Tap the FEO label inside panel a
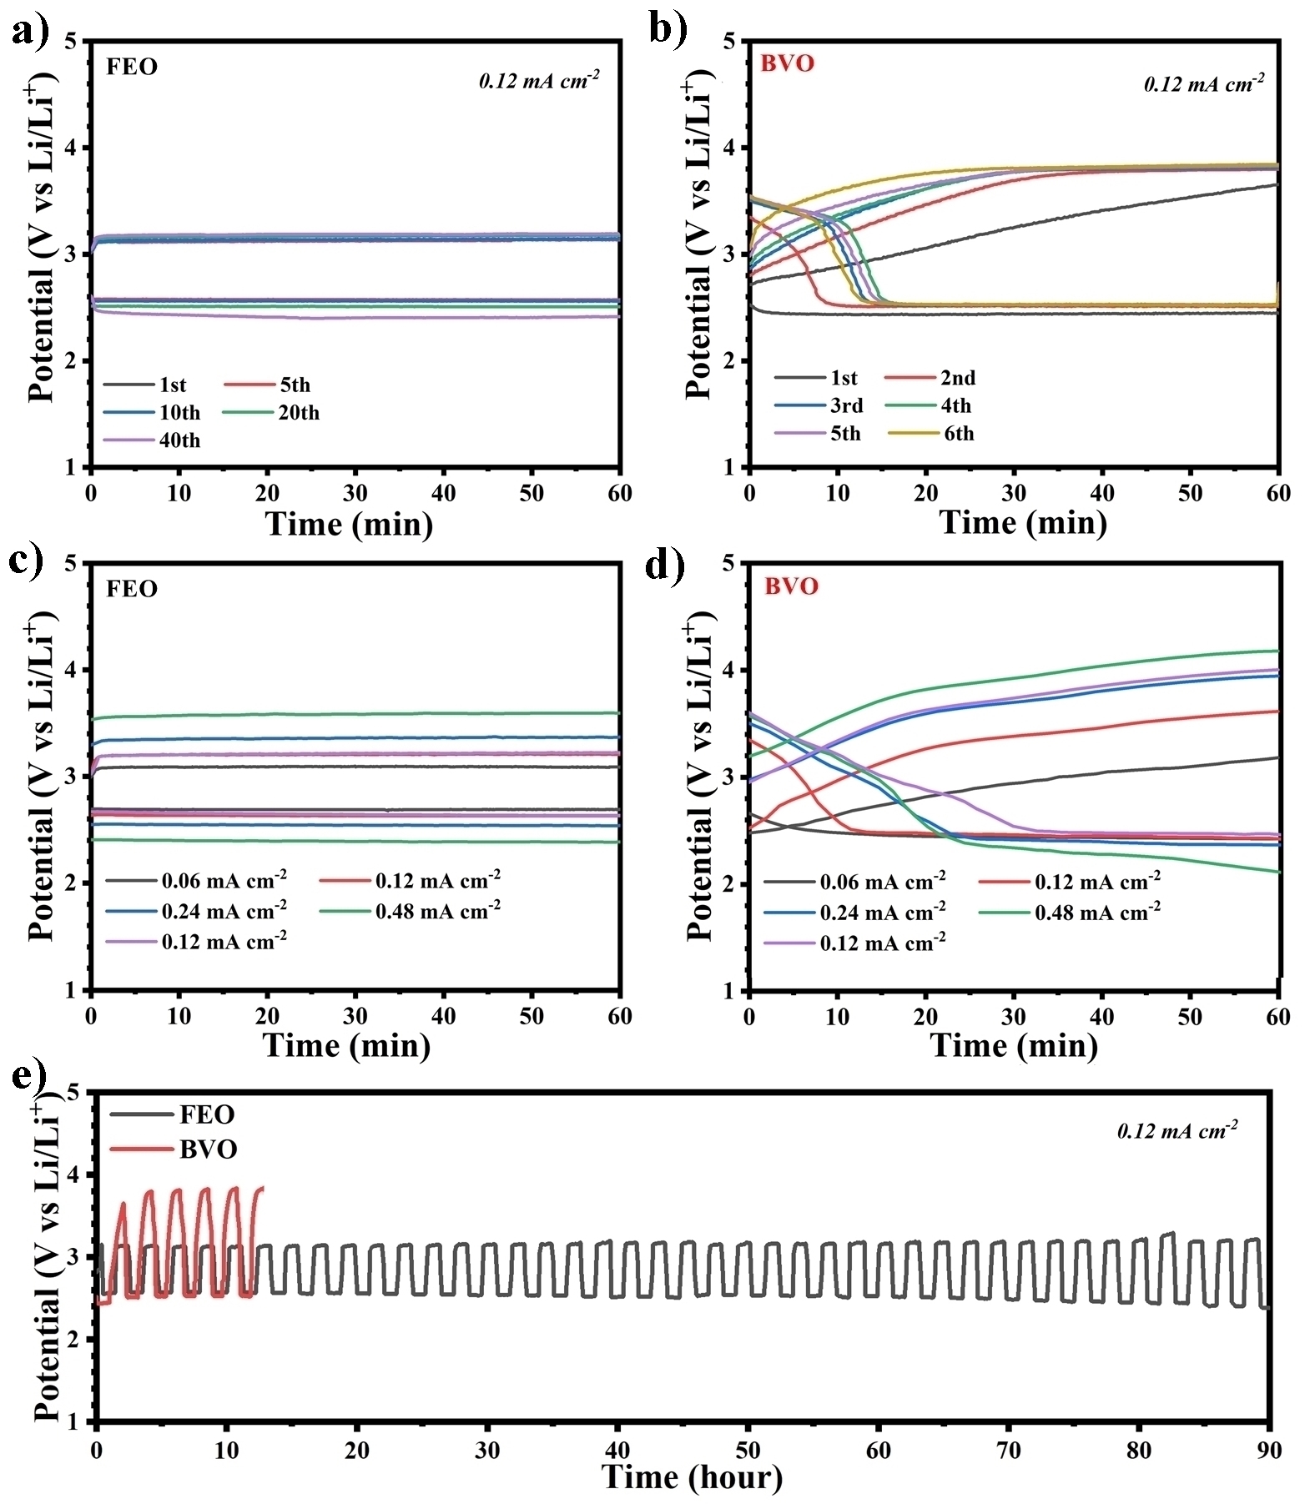point(132,67)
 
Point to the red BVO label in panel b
point(788,63)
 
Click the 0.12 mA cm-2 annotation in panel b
point(1203,83)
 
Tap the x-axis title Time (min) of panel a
point(349,524)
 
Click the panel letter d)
point(666,565)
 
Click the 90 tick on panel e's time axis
point(1269,1451)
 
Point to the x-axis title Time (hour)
point(692,1477)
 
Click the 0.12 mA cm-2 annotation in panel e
point(1177,1131)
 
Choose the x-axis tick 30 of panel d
point(1014,1017)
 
